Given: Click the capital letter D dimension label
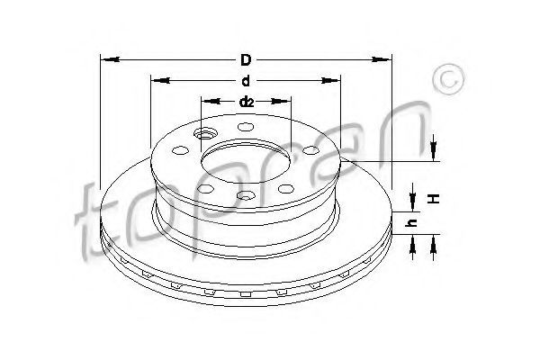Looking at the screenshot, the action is tap(246, 60).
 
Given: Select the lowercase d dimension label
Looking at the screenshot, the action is tap(246, 81).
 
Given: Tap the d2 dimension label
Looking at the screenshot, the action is tap(246, 102).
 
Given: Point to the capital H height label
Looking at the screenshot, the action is tap(435, 198).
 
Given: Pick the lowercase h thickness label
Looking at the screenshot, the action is tap(411, 223).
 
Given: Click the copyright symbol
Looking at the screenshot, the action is tap(448, 79).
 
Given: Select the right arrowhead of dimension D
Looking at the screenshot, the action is tap(382, 59).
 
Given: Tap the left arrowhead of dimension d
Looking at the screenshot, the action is tap(161, 81).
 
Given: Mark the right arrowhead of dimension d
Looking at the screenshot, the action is tap(330, 81).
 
